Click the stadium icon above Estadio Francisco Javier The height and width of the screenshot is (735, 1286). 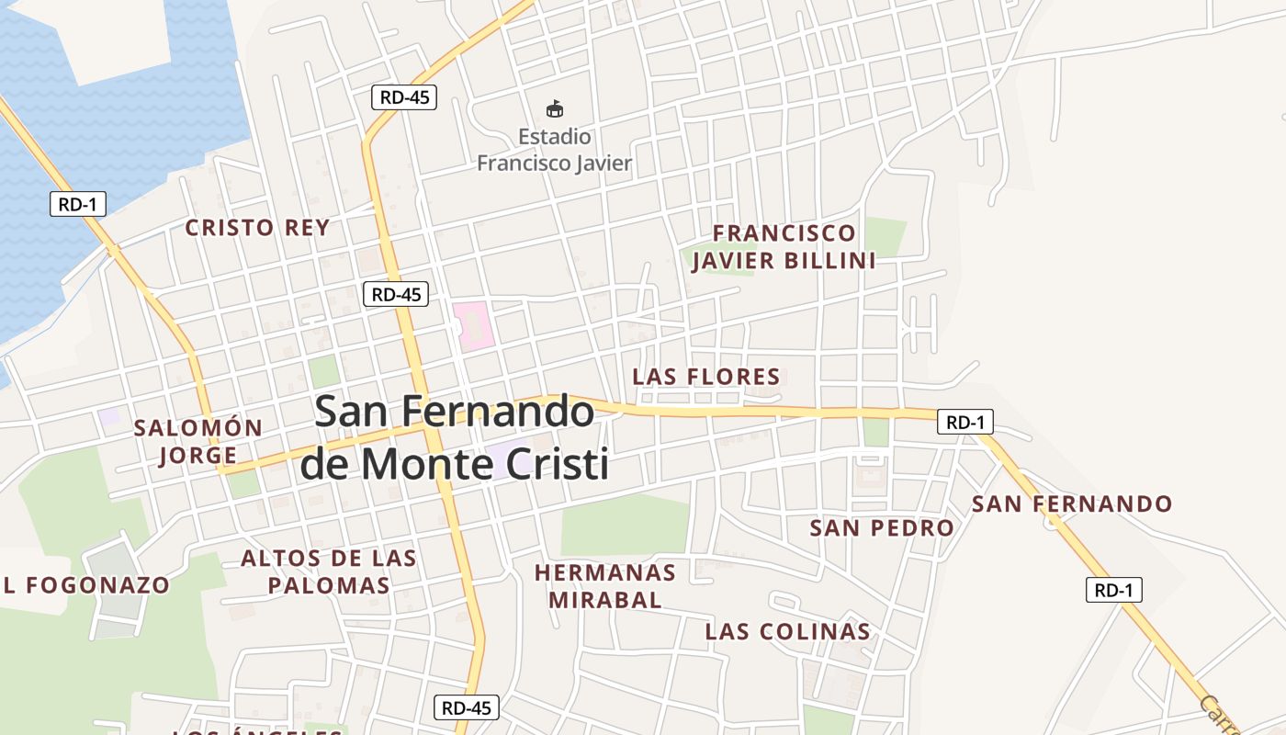click(x=554, y=109)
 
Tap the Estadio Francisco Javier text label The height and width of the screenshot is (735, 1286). click(x=554, y=151)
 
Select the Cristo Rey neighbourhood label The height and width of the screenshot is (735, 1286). click(x=257, y=228)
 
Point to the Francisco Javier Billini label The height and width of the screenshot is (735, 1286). click(x=784, y=247)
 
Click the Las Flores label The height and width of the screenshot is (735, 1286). click(x=706, y=377)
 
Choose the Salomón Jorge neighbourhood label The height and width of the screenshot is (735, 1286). click(x=198, y=441)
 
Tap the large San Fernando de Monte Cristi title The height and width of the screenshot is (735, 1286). click(x=455, y=437)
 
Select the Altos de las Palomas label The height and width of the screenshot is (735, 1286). click(x=328, y=571)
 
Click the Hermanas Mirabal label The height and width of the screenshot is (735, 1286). click(x=605, y=586)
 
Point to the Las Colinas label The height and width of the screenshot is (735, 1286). click(x=787, y=632)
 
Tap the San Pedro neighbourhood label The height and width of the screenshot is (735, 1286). click(x=882, y=528)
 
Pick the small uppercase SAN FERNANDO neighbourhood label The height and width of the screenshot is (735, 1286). click(x=1072, y=504)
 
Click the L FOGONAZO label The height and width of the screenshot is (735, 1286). click(x=86, y=585)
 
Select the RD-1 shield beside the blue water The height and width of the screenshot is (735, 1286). click(x=77, y=204)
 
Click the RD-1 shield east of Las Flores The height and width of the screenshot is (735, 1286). click(x=965, y=423)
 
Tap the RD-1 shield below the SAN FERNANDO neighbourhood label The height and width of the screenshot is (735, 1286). click(x=1113, y=590)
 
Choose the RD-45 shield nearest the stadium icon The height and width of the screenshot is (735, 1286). click(x=404, y=97)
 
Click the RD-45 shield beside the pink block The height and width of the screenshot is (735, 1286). click(x=396, y=294)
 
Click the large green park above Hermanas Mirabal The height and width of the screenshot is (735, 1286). click(x=625, y=526)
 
